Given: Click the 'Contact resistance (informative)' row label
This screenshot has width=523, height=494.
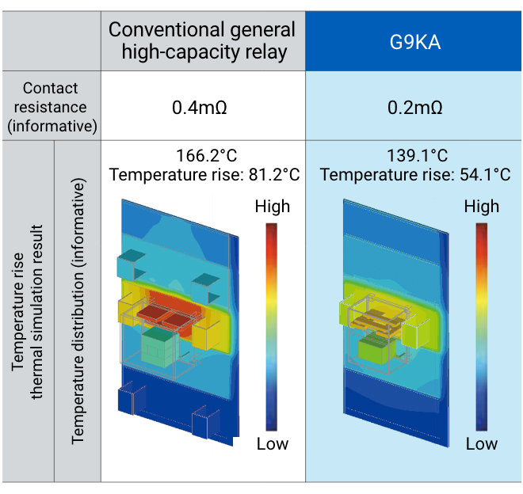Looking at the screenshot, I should pyautogui.click(x=51, y=106).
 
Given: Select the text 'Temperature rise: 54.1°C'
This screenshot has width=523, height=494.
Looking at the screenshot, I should pyautogui.click(x=415, y=174).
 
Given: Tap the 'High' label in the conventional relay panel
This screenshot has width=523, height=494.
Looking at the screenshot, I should pyautogui.click(x=272, y=207).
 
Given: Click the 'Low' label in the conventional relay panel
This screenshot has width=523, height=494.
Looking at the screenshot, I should pyautogui.click(x=272, y=443).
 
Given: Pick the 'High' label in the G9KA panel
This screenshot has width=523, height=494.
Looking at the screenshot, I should pyautogui.click(x=481, y=207).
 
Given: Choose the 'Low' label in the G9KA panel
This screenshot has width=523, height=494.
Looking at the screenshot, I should pyautogui.click(x=481, y=443).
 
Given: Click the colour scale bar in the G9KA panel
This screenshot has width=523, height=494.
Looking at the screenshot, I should pyautogui.click(x=481, y=325).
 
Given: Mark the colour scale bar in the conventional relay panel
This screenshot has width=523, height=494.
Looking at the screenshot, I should pyautogui.click(x=272, y=325).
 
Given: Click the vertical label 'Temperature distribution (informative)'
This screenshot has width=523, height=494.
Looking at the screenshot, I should pyautogui.click(x=78, y=311).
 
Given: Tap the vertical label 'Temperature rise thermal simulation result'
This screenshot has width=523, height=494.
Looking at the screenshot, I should pyautogui.click(x=27, y=311).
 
